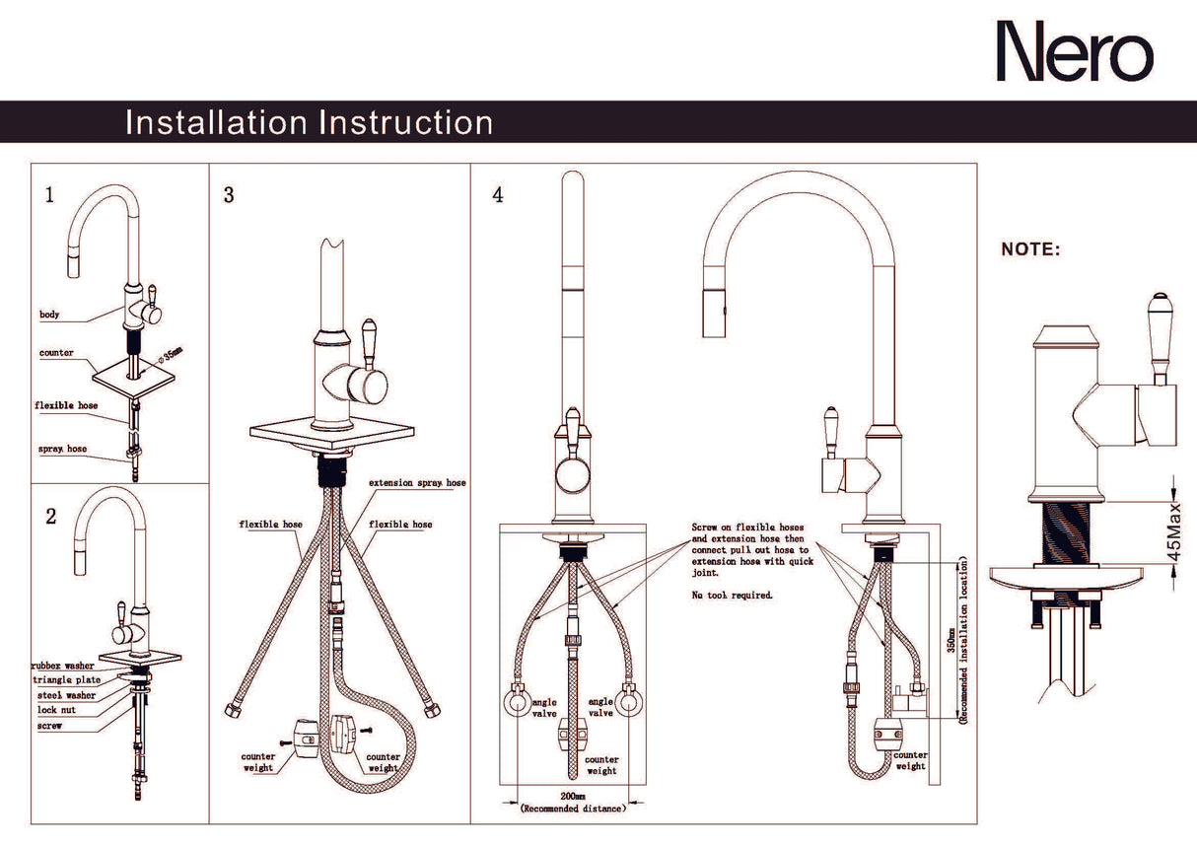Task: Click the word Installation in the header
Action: click(x=216, y=123)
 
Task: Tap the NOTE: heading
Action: click(x=1030, y=249)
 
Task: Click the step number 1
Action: click(x=49, y=195)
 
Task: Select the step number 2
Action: click(x=50, y=516)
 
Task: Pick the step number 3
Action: click(x=229, y=195)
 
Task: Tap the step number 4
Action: click(x=498, y=195)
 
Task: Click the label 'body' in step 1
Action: click(x=49, y=315)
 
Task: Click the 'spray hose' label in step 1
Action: click(x=62, y=449)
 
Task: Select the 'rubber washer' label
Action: click(x=63, y=666)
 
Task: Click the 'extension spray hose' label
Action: click(x=416, y=483)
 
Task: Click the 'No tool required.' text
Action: click(x=732, y=596)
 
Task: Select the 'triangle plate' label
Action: click(x=65, y=680)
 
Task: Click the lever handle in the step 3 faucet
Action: click(x=371, y=340)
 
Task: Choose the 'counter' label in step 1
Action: click(x=56, y=352)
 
